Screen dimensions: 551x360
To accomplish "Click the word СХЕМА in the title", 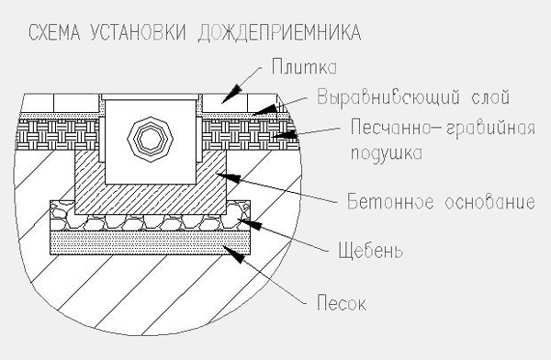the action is [x=54, y=33].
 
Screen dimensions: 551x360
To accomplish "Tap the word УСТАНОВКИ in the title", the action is [x=138, y=33].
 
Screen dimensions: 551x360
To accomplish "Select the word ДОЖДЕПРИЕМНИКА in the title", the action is [x=279, y=33].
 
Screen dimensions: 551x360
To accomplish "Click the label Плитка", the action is [x=304, y=67].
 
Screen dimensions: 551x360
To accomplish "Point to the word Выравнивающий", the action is [x=388, y=97].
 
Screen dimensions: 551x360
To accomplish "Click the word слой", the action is [x=490, y=97].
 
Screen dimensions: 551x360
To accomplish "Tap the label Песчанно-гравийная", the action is [x=443, y=128].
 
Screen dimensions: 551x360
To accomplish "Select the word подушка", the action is [x=387, y=153].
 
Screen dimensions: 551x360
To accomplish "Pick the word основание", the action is [x=489, y=202].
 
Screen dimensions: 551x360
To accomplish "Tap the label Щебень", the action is [x=370, y=251].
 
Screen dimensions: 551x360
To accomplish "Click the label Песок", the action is [x=342, y=303].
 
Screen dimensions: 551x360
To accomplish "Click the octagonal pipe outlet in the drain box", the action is [x=151, y=140].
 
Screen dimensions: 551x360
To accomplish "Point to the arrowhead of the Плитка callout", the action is [x=232, y=94].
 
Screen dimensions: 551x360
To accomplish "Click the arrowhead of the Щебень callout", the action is [x=250, y=224].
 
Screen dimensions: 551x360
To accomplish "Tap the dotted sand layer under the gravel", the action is [x=151, y=242].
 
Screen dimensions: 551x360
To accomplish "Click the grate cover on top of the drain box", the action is [x=150, y=96].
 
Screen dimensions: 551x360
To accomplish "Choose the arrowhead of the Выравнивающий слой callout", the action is [x=265, y=109].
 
